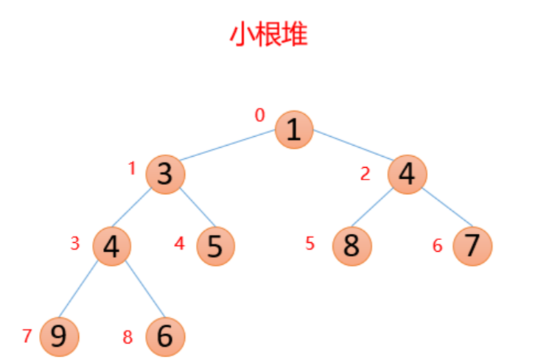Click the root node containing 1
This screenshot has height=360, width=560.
click(294, 130)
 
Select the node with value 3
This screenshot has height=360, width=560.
click(164, 174)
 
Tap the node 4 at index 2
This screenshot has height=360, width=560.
click(407, 174)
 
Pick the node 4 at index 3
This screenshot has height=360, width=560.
click(112, 245)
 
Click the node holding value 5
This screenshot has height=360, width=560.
click(215, 245)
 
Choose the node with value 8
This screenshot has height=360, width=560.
click(351, 245)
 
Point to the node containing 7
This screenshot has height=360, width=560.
click(472, 245)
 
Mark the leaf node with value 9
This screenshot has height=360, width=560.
click(59, 336)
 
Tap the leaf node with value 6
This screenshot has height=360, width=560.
click(165, 336)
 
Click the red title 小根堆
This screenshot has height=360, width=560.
click(268, 35)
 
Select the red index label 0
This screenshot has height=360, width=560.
click(259, 115)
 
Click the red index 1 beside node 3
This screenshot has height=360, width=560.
click(133, 169)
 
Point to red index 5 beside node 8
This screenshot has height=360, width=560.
click(310, 244)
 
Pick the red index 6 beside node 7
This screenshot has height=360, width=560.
click(437, 246)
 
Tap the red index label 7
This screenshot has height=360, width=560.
click(27, 336)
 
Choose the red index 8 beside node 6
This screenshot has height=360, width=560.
click(127, 338)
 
